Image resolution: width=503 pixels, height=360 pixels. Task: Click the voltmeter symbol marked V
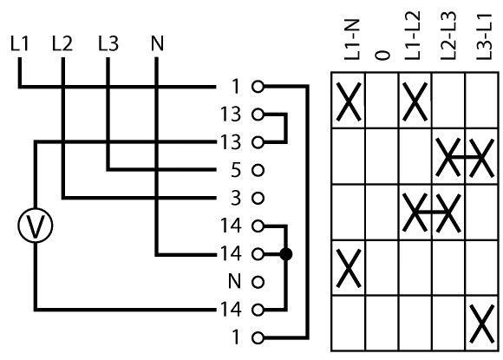tap(35, 226)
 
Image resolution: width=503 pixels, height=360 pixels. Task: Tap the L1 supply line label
tap(20, 43)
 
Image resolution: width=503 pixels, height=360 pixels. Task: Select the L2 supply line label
tap(62, 43)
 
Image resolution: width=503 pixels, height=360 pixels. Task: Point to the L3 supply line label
tap(108, 43)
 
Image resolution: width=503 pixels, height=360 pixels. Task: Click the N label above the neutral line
tap(157, 43)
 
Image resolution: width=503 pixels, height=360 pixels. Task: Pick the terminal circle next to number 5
tap(258, 170)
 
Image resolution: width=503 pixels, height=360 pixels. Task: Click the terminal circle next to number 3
tap(258, 198)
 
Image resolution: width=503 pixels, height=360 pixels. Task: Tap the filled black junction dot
tap(286, 254)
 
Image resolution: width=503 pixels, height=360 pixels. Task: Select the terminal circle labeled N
tap(258, 282)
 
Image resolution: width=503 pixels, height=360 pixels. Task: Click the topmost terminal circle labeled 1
tap(258, 86)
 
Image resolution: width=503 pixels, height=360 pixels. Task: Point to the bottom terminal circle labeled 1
tap(258, 337)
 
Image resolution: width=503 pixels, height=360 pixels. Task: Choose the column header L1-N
tap(352, 39)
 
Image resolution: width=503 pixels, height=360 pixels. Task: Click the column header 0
tap(382, 56)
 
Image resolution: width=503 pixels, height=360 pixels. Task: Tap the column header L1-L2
tap(412, 36)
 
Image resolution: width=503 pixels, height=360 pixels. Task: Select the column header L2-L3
tap(448, 36)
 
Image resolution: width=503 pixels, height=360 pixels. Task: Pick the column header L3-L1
tap(484, 36)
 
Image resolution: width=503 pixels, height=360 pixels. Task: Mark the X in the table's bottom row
tap(481, 324)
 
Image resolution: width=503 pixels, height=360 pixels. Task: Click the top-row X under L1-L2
tap(415, 101)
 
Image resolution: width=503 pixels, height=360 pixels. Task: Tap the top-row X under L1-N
tap(349, 101)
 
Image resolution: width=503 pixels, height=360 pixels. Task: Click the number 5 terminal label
tap(236, 170)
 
